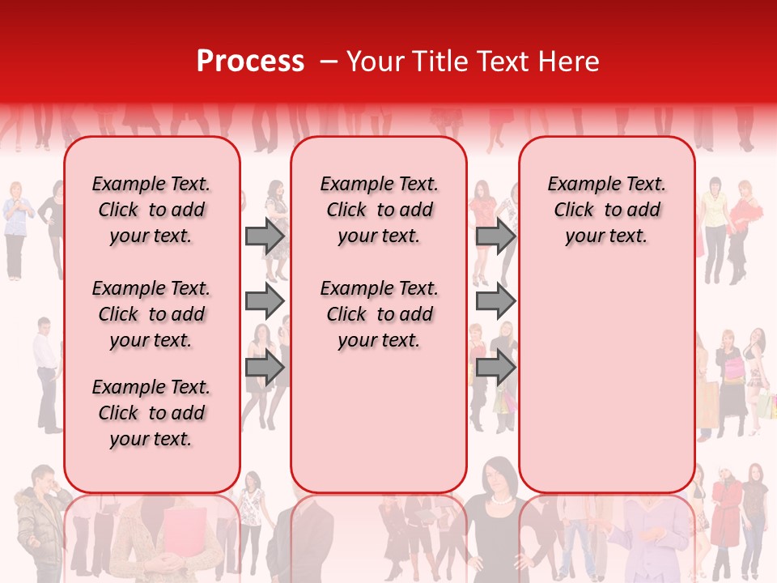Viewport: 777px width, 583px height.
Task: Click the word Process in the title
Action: [x=250, y=62]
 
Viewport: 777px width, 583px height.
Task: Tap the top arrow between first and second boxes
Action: [x=265, y=236]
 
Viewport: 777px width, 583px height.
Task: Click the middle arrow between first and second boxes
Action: [x=265, y=301]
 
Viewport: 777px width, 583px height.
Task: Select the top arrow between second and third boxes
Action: [x=495, y=236]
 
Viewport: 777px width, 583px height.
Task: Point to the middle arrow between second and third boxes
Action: [x=495, y=301]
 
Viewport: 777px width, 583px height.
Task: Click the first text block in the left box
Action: [x=151, y=210]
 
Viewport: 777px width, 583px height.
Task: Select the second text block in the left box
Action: [x=151, y=314]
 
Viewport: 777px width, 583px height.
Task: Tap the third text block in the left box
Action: [x=151, y=413]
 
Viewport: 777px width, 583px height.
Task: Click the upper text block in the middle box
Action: [x=379, y=210]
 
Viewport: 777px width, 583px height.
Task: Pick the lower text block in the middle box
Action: [x=379, y=314]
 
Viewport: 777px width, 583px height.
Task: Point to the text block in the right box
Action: [x=606, y=210]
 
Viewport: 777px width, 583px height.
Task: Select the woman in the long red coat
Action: [x=726, y=518]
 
